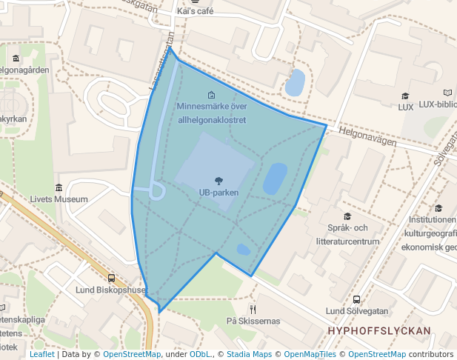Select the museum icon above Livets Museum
coord(59,187)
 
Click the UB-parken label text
coord(218,193)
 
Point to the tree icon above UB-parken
coord(219,181)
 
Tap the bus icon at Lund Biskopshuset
coord(111,279)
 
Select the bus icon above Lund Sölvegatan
coord(357,300)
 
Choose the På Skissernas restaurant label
coord(253,321)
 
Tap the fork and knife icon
coord(253,308)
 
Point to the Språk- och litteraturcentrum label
coord(347,233)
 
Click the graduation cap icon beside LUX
coord(405,96)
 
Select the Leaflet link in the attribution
coord(41,354)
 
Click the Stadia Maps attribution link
coord(247,354)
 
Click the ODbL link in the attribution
coord(200,354)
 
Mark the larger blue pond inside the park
coord(275,179)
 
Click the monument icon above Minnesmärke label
coord(212,95)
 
